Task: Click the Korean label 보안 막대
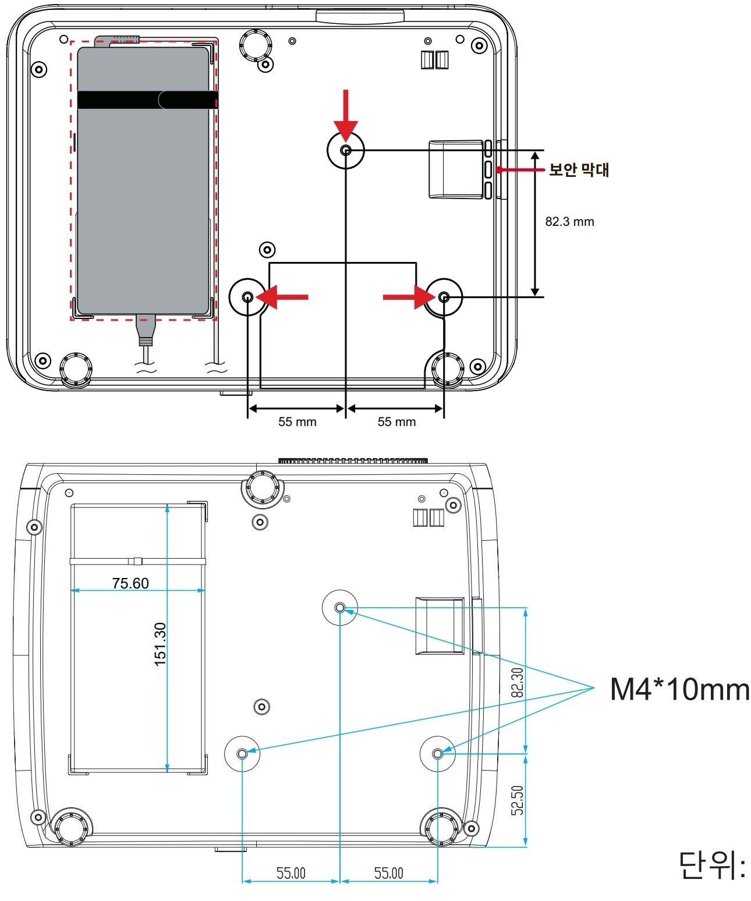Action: pos(578,169)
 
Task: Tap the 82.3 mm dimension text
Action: pos(569,222)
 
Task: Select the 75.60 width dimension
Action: pos(130,583)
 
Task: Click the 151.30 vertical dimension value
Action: pos(160,644)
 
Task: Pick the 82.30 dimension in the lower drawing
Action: pos(517,682)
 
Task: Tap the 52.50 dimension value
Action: pos(517,800)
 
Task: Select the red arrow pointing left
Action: pos(282,297)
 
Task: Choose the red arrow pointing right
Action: pos(409,297)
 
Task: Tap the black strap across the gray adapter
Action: pos(148,100)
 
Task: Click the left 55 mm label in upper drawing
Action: pos(297,421)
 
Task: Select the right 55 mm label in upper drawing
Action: pos(396,421)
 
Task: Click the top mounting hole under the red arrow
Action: pos(346,150)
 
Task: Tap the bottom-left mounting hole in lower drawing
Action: pos(242,754)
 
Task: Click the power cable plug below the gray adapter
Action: pos(147,330)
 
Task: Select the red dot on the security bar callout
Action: pos(500,169)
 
